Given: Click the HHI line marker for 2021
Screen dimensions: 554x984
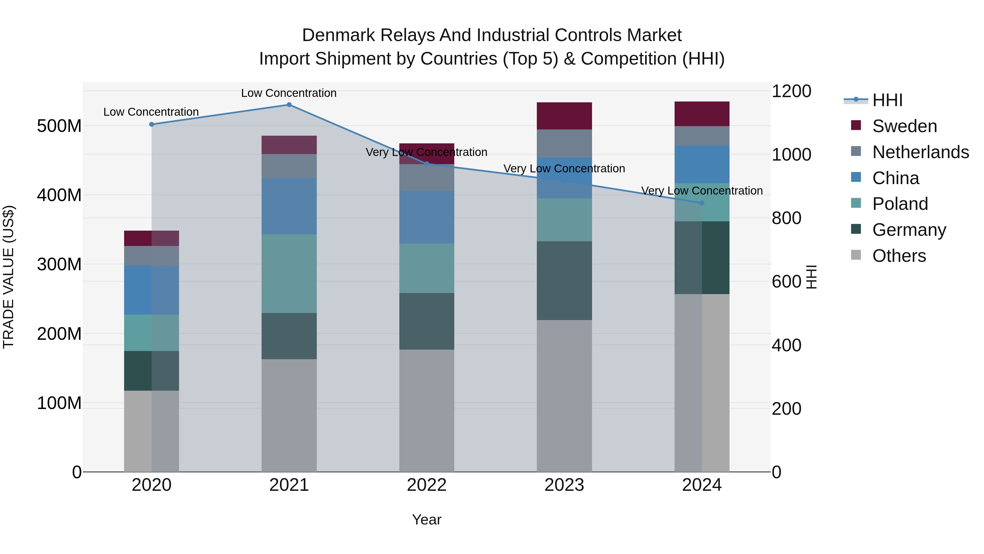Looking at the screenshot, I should [289, 105].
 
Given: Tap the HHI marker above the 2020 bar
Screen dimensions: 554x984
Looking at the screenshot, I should [152, 124].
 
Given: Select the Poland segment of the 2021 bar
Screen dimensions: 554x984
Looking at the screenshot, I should [289, 274].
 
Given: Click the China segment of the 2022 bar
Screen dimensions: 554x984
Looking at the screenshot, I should [427, 217].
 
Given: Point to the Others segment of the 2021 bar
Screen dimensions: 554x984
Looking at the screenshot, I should [289, 415].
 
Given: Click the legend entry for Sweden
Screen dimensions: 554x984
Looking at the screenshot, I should [904, 126].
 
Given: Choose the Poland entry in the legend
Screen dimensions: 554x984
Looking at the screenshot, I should [900, 204].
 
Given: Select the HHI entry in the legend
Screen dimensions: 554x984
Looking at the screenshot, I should [887, 100].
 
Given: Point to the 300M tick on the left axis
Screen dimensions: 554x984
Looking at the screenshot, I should [59, 264].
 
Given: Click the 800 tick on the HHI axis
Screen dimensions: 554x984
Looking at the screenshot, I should [786, 218].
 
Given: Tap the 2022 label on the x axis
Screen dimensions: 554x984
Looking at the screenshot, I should [427, 485].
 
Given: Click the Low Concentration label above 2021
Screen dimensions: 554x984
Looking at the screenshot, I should [289, 93].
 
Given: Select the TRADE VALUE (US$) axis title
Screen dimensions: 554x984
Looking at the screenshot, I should [8, 277].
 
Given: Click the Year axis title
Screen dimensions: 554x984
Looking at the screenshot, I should [427, 520].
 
